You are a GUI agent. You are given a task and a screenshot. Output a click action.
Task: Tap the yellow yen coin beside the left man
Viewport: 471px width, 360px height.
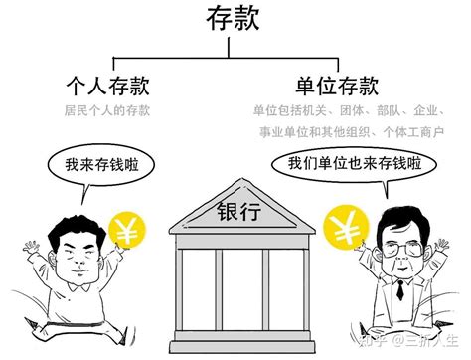[x=127, y=232]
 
